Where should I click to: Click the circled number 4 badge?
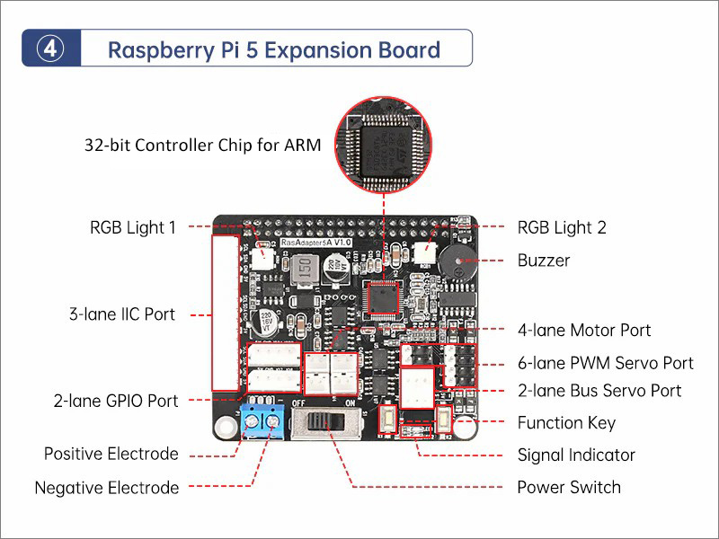click(x=51, y=49)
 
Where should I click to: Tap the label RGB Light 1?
click(x=133, y=227)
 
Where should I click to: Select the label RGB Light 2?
click(x=562, y=227)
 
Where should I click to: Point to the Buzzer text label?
click(x=544, y=261)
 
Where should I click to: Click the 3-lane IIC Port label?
click(x=122, y=314)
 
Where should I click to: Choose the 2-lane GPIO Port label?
click(x=116, y=401)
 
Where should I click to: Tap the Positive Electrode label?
click(x=111, y=454)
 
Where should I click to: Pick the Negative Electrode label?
click(x=107, y=488)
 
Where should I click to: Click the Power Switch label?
click(x=569, y=487)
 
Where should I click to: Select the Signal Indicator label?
click(x=576, y=455)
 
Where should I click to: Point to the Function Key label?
click(x=566, y=422)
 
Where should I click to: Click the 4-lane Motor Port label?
click(x=584, y=331)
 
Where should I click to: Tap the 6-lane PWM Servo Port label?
click(x=605, y=363)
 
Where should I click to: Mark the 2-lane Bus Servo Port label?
click(x=599, y=390)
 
